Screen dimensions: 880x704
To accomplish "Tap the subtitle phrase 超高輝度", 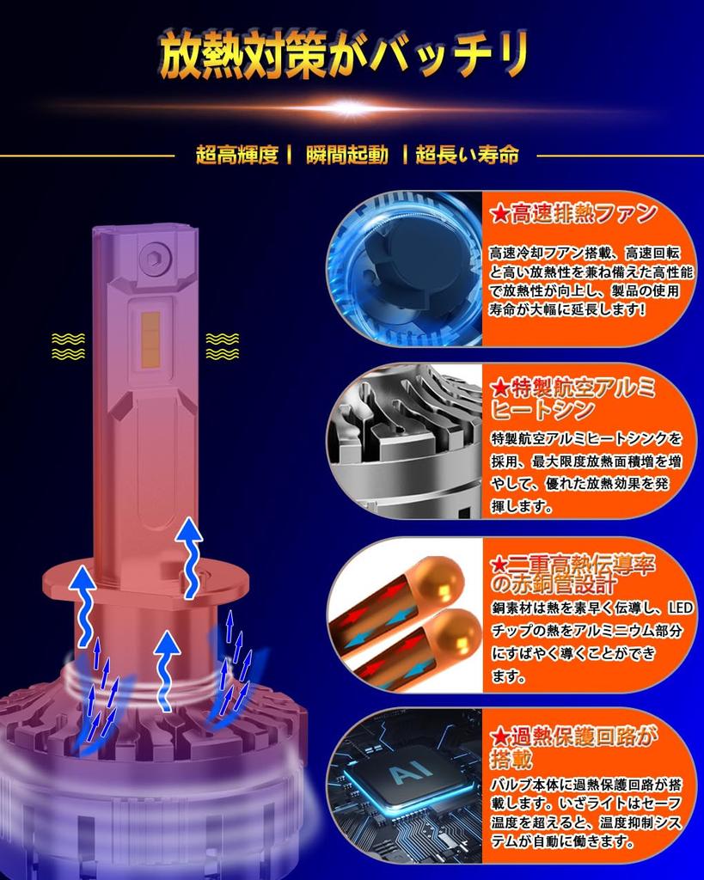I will pyautogui.click(x=236, y=156).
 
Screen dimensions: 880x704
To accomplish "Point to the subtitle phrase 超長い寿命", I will pyautogui.click(x=467, y=156).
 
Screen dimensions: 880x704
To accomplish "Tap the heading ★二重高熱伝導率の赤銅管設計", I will pyautogui.click(x=572, y=574).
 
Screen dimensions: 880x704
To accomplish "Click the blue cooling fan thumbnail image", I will pyautogui.click(x=404, y=269).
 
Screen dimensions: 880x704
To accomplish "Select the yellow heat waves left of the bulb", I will pyautogui.click(x=68, y=345).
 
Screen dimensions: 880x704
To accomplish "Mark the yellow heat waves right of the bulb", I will pyautogui.click(x=222, y=345).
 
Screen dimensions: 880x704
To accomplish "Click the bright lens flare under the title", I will pyautogui.click(x=351, y=108).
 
